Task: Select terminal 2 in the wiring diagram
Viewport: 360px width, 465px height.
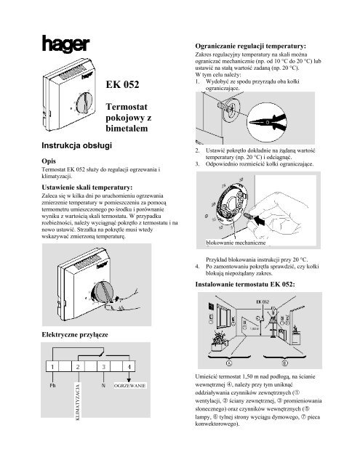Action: coord(78,366)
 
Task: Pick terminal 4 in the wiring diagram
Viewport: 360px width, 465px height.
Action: coord(129,366)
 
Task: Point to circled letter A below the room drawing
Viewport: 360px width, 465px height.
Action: coord(230,361)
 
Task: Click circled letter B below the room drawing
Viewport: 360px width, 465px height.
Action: coord(285,361)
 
